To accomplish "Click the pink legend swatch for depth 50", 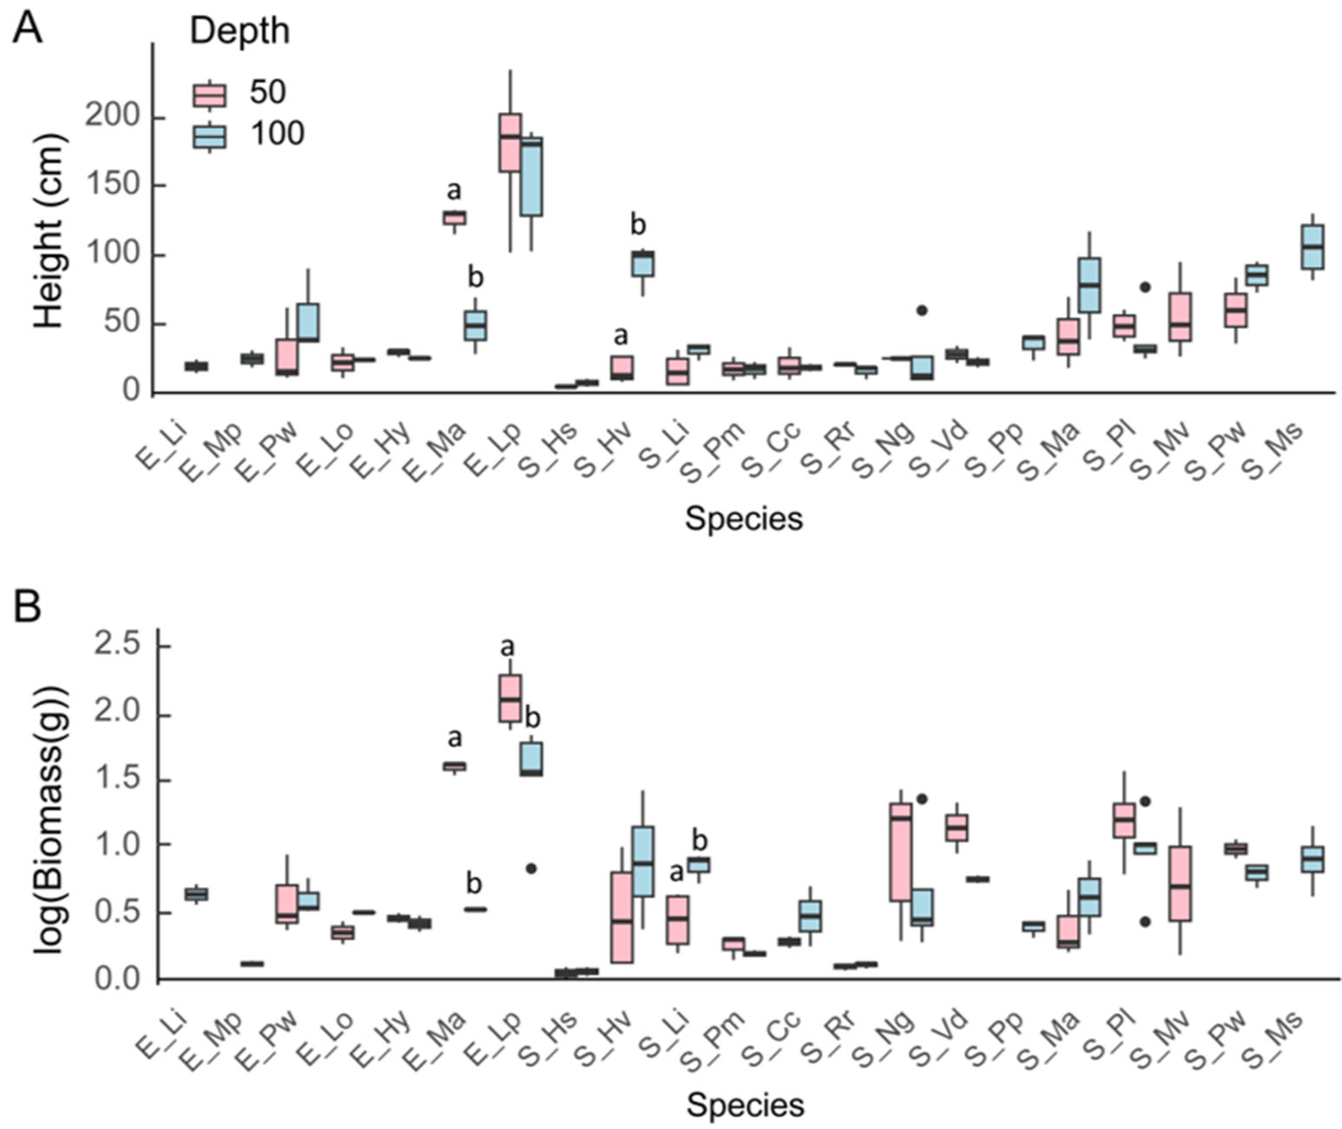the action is coord(210,95).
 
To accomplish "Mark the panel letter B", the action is coord(28,607).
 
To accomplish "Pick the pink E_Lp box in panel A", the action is coord(510,143).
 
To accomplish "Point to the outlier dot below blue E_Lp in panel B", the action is coord(531,868).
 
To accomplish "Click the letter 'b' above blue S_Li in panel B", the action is coord(700,840).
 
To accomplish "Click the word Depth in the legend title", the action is coord(240,31).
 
